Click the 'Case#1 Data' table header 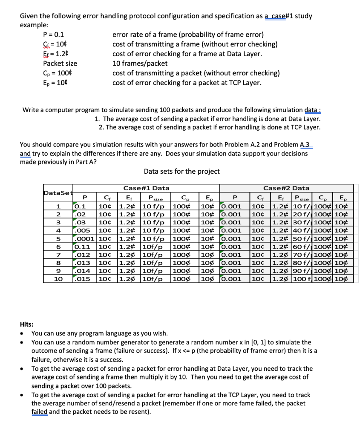pos(146,188)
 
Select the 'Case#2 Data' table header pos(286,188)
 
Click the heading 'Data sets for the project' pos(182,171)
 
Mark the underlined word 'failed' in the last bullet pos(40,412)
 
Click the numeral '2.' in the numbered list pos(101,127)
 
